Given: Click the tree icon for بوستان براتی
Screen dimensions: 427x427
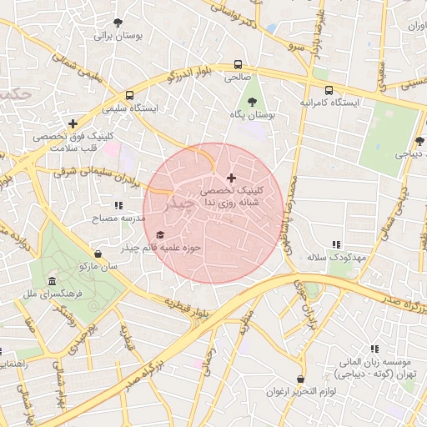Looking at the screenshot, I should pos(118,23).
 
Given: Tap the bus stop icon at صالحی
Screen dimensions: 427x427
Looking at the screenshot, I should pos(239,64).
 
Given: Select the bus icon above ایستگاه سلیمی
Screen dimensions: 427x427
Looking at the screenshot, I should pos(129,95).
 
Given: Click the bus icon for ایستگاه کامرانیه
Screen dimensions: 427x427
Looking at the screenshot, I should pos(329,90).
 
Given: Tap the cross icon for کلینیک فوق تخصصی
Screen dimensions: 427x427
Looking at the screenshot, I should pos(73,123).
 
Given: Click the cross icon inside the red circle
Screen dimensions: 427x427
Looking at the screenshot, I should pos(231,178).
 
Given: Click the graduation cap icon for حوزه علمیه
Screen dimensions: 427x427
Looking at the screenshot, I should pos(160,234).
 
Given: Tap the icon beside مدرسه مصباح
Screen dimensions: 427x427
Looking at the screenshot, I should pos(118,204).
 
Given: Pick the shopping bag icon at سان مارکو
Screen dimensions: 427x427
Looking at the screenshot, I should pos(99,254).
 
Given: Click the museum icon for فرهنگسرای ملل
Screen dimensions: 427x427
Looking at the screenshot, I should pos(53,280).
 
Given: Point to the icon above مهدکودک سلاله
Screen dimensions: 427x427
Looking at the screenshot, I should pos(336,244).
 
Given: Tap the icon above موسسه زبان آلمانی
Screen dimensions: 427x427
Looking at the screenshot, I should pos(374,349).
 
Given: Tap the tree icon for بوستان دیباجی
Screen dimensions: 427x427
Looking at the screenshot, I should pos(419,141).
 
